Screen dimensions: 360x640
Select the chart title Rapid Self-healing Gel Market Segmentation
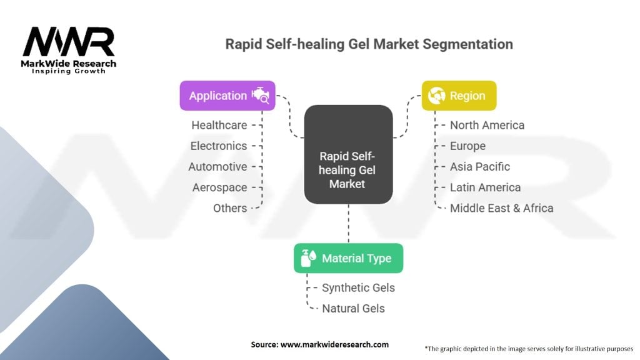point(369,44)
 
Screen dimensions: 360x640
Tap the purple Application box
point(227,96)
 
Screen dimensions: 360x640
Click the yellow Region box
point(459,96)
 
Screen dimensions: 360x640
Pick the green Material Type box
point(348,258)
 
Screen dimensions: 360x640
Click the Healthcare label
point(219,125)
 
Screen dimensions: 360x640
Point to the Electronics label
point(219,146)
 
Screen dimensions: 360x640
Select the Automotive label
point(218,167)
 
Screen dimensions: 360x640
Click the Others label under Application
point(230,208)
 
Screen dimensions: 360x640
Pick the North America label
point(487,125)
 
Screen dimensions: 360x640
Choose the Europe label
point(467,146)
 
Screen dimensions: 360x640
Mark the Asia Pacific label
point(480,167)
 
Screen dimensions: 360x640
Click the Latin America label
point(485,187)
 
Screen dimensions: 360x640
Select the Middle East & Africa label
point(501,208)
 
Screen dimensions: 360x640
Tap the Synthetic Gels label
point(358,287)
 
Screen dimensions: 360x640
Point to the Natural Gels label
point(353,308)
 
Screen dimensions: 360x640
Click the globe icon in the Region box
point(437,96)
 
